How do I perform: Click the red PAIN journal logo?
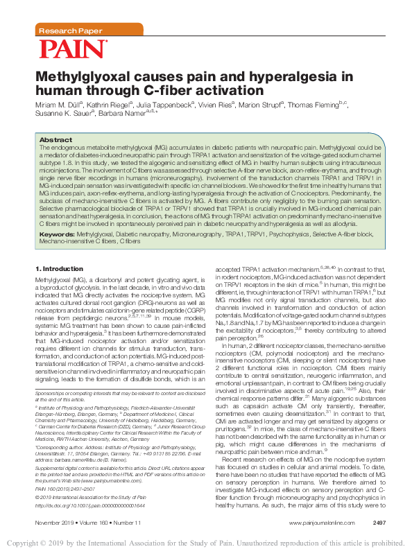point(72,49)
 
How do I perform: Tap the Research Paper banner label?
point(69,31)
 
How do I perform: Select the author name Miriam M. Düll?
point(58,103)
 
